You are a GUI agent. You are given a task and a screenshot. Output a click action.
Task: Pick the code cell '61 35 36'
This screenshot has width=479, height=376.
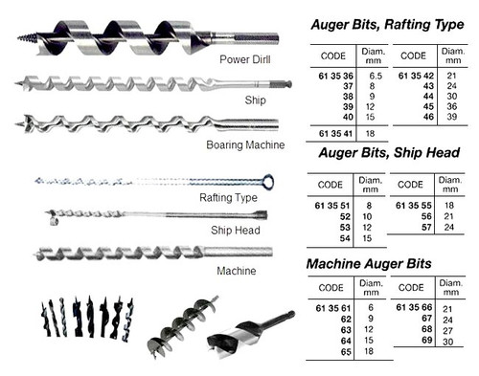tap(329, 75)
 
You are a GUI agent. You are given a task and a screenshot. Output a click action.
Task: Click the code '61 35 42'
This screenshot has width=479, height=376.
tap(415, 75)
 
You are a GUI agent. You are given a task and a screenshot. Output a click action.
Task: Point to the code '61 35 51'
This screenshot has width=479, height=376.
tap(329, 205)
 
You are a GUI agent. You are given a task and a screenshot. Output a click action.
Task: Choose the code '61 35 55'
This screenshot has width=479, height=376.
tap(415, 205)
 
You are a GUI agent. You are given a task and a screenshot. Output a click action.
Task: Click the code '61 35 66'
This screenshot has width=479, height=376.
tap(415, 306)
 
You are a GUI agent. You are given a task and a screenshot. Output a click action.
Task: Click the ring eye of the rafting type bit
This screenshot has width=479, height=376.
tap(269, 181)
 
